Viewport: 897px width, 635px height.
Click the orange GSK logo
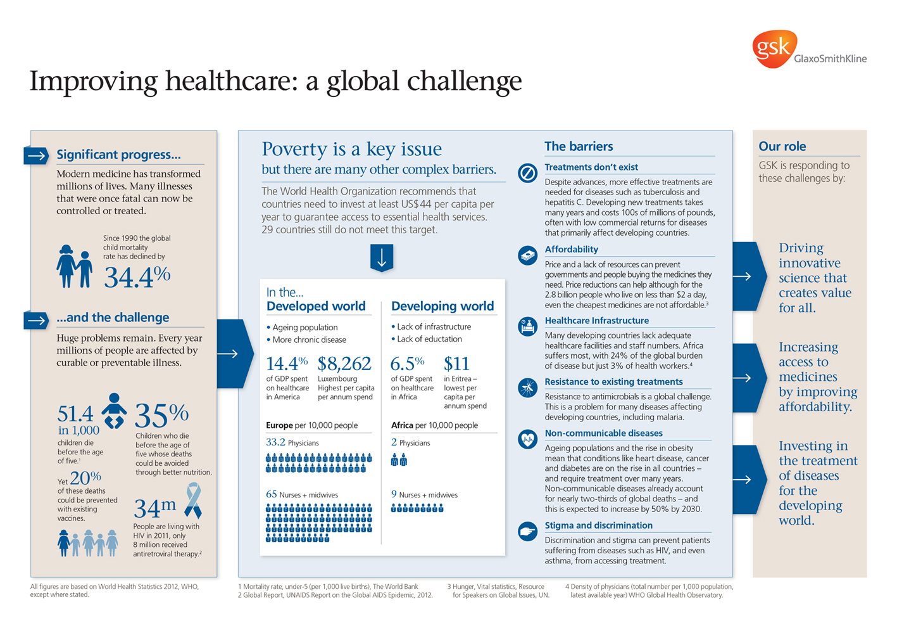pos(775,49)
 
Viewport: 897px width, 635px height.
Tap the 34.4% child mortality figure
pos(137,277)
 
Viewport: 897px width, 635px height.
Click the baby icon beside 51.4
pos(114,411)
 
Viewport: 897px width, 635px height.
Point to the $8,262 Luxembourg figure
pos(344,364)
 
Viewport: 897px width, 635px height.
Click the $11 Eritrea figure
pos(456,364)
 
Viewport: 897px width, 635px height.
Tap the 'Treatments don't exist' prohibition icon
pos(527,174)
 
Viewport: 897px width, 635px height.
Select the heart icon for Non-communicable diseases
pos(527,439)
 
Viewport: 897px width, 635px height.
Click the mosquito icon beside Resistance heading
pos(527,388)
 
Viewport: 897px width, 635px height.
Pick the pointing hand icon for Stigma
pos(527,532)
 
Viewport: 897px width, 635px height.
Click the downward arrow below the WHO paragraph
pos(382,258)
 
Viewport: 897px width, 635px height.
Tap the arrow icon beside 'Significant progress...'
pos(37,155)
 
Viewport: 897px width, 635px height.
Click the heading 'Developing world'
pos(442,306)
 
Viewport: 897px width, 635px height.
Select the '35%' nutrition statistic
pos(161,415)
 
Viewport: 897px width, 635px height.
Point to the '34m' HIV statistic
pos(155,508)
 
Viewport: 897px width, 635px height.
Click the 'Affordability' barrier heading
pos(571,249)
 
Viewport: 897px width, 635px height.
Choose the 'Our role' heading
pos(782,146)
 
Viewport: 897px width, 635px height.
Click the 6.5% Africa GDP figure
pos(407,364)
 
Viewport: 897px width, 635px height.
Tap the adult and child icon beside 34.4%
pos(75,266)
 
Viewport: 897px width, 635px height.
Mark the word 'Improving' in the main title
pos(94,81)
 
